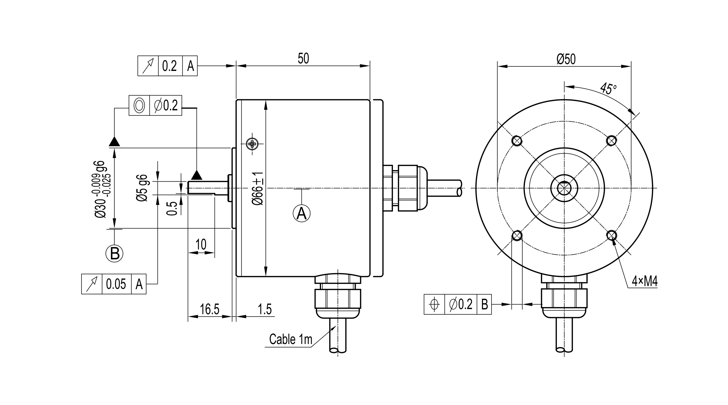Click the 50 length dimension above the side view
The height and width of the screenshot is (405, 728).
(x=303, y=59)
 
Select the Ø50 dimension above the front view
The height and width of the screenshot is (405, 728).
(x=566, y=59)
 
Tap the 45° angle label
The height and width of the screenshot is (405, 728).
(x=608, y=89)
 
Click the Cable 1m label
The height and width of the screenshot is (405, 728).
(x=291, y=339)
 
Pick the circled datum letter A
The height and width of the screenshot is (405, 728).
(x=302, y=213)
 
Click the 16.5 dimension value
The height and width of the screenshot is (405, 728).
(x=209, y=309)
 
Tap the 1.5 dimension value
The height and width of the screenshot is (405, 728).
(x=264, y=309)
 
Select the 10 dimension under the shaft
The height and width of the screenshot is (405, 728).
(x=201, y=245)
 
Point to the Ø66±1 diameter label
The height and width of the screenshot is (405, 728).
(x=258, y=188)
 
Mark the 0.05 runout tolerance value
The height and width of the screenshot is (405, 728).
(x=116, y=284)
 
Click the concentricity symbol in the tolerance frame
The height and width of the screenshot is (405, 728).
(x=139, y=106)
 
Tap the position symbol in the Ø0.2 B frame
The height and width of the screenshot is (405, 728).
(x=434, y=304)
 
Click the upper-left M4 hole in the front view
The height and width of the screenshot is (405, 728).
(x=517, y=140)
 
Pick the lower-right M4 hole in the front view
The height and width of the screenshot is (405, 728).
(x=611, y=235)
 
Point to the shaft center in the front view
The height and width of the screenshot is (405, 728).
(x=564, y=188)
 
